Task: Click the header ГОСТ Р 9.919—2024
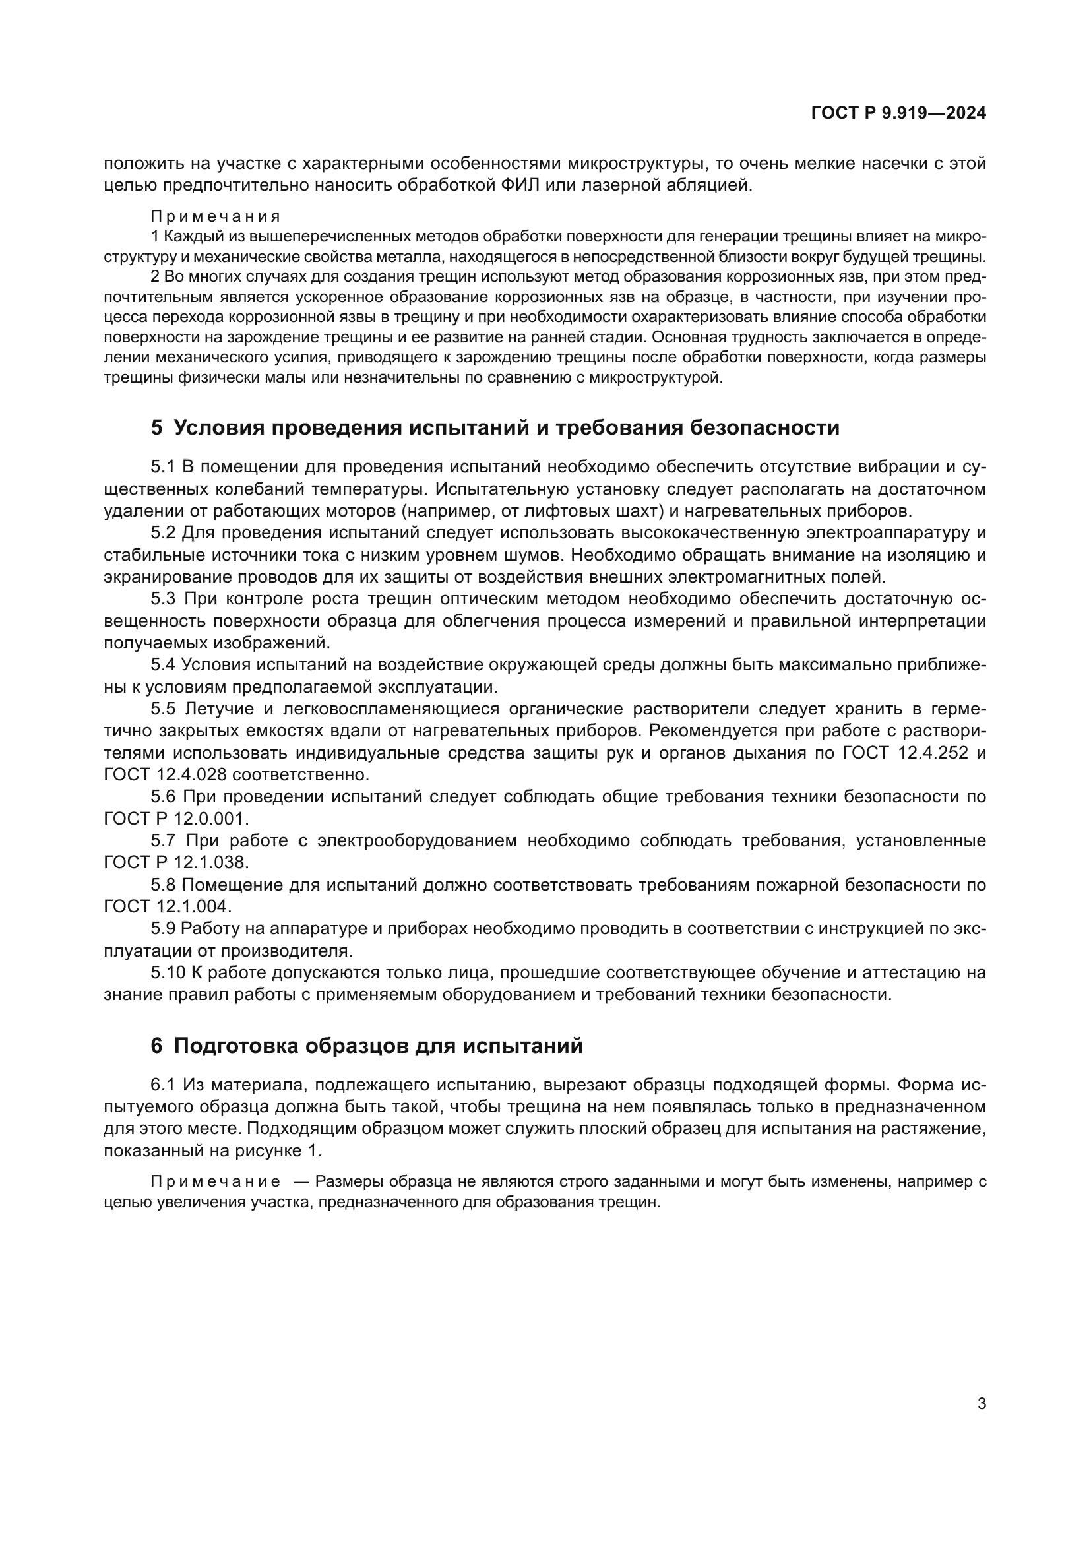898,113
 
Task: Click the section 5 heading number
156,427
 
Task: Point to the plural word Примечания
215,216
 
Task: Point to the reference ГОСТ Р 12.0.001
176,819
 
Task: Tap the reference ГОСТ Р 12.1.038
176,862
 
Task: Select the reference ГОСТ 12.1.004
168,906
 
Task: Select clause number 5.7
162,840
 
